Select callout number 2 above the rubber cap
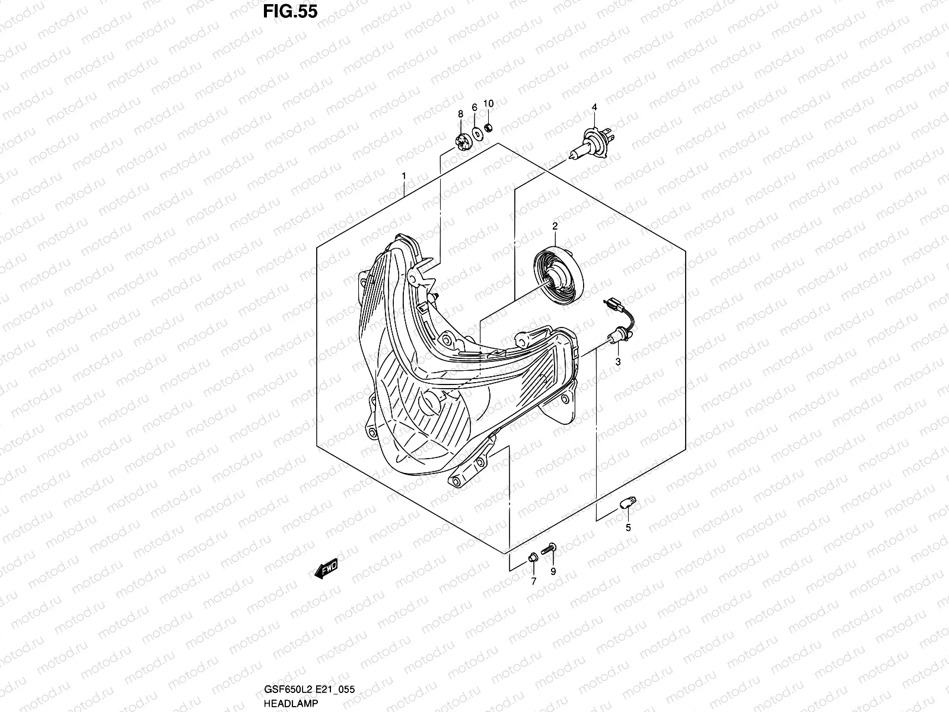[x=555, y=226]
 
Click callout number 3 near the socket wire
[x=617, y=361]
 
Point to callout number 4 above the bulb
[x=594, y=107]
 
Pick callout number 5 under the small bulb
[x=628, y=527]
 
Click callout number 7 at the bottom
[x=533, y=581]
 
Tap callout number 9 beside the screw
[x=553, y=571]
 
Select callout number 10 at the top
[x=505, y=104]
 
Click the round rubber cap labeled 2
[x=559, y=275]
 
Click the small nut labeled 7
[x=533, y=557]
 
